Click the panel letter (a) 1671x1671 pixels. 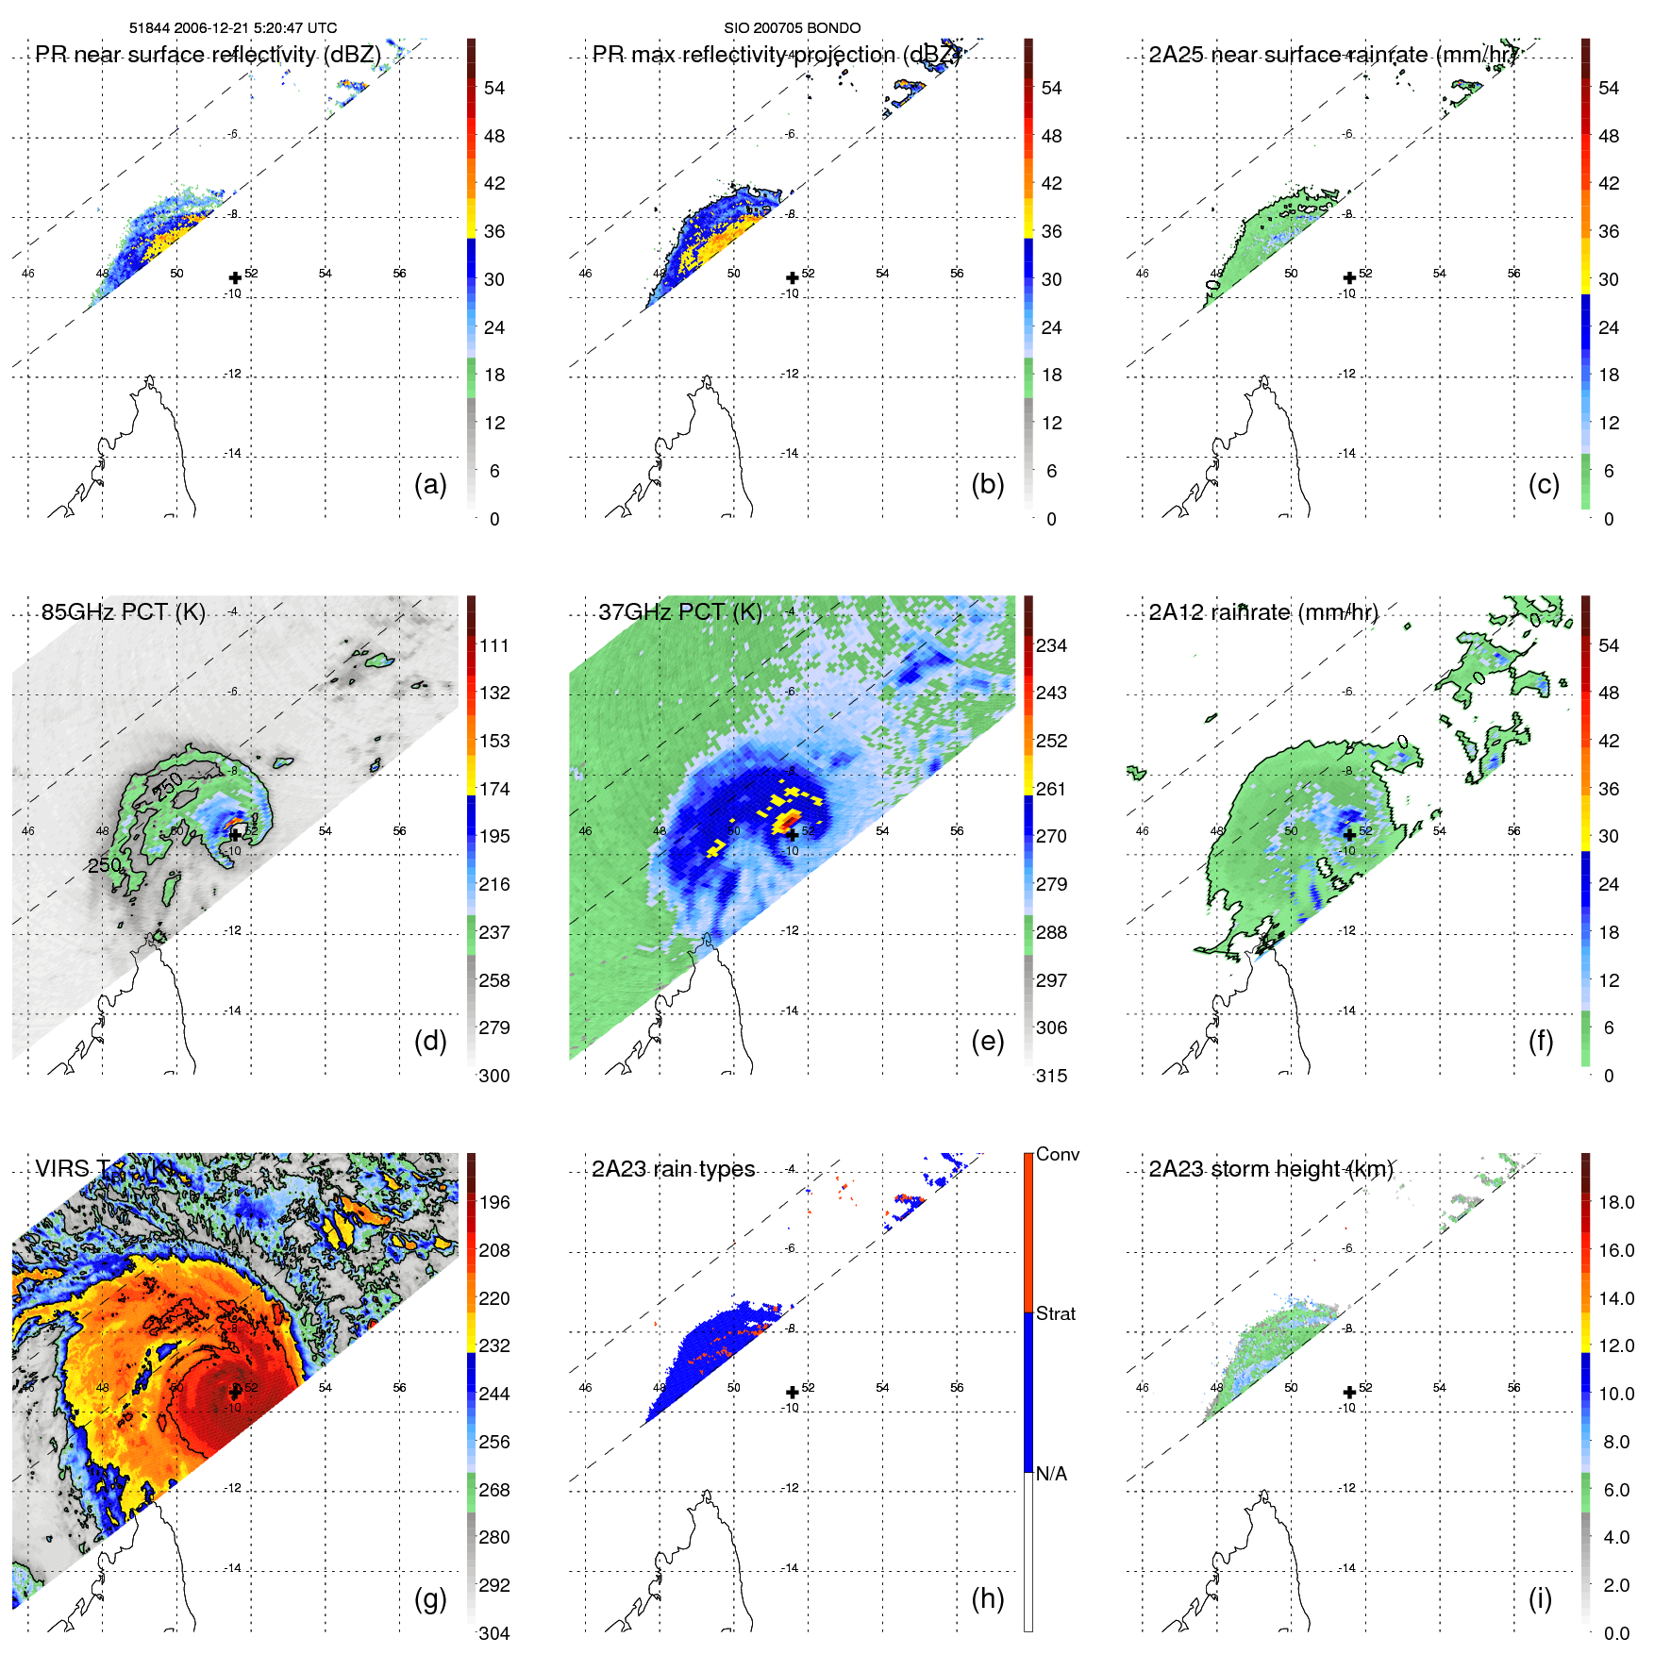pyautogui.click(x=430, y=485)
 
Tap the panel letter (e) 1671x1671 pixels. pyautogui.click(x=987, y=1042)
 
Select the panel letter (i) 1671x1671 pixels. pyautogui.click(x=1540, y=1599)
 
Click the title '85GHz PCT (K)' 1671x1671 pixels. pyautogui.click(x=123, y=611)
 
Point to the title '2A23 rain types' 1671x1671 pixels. pyautogui.click(x=673, y=1169)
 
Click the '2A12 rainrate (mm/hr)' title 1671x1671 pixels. pyautogui.click(x=1263, y=611)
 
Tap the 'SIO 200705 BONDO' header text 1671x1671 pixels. pyautogui.click(x=792, y=27)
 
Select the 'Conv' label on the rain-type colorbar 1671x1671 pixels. pyautogui.click(x=1058, y=1154)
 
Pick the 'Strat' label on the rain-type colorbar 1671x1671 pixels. pyautogui.click(x=1056, y=1313)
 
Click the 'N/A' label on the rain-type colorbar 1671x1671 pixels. pyautogui.click(x=1051, y=1474)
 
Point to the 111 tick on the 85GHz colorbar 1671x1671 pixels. pyautogui.click(x=494, y=645)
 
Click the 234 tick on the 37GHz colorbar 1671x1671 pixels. pyautogui.click(x=1051, y=645)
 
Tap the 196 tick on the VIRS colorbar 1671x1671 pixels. pyautogui.click(x=494, y=1202)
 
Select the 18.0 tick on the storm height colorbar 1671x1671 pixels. pyautogui.click(x=1616, y=1202)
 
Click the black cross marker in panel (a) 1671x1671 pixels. pyautogui.click(x=235, y=278)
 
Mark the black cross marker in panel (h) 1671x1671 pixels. pyautogui.click(x=793, y=1393)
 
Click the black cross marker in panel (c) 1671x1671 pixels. pyautogui.click(x=1349, y=278)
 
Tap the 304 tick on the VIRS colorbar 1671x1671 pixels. pyautogui.click(x=494, y=1633)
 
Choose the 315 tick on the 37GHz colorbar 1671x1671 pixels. pyautogui.click(x=1051, y=1076)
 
